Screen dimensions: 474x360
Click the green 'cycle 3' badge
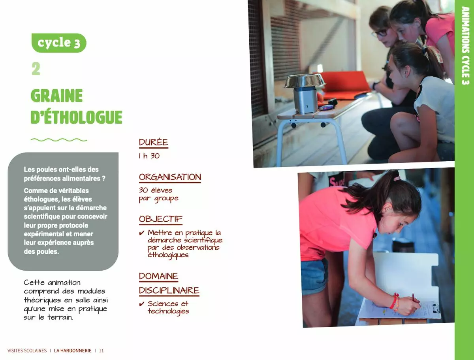tap(59, 43)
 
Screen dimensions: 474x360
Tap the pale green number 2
tap(36, 69)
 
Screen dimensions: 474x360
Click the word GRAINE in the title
tap(57, 96)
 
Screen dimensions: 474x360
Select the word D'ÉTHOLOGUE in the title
tap(77, 117)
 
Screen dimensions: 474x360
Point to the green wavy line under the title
tap(59, 140)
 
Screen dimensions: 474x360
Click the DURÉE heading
tap(154, 142)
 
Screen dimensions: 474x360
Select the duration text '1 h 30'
tap(149, 156)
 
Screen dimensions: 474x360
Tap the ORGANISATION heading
tap(170, 177)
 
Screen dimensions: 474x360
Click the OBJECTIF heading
tap(161, 219)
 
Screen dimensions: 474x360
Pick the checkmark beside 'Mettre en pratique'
tap(142, 233)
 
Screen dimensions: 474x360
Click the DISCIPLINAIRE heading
tap(169, 290)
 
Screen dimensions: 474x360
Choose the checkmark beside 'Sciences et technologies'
tap(142, 304)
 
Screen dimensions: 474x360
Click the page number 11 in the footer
tap(101, 351)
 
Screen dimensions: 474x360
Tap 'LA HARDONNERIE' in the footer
tap(73, 351)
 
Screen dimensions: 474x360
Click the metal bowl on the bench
tap(305, 81)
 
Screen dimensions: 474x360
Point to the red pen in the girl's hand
tap(413, 296)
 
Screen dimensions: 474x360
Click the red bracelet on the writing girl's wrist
tap(394, 301)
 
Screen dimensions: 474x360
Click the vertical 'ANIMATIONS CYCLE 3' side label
tap(465, 45)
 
